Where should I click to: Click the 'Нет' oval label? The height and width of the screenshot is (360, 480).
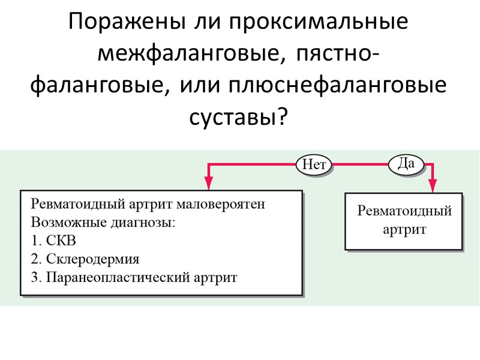coord(314,164)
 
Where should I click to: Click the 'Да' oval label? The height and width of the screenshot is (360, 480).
coord(406,163)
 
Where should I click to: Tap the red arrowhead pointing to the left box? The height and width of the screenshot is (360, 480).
coord(209,182)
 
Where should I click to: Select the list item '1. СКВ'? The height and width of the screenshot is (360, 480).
coord(53,241)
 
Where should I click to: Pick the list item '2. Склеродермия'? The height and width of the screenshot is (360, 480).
coord(84,260)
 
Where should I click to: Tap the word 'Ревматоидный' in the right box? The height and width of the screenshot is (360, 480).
coord(404,211)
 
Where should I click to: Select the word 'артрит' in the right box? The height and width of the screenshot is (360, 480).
coord(404,229)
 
